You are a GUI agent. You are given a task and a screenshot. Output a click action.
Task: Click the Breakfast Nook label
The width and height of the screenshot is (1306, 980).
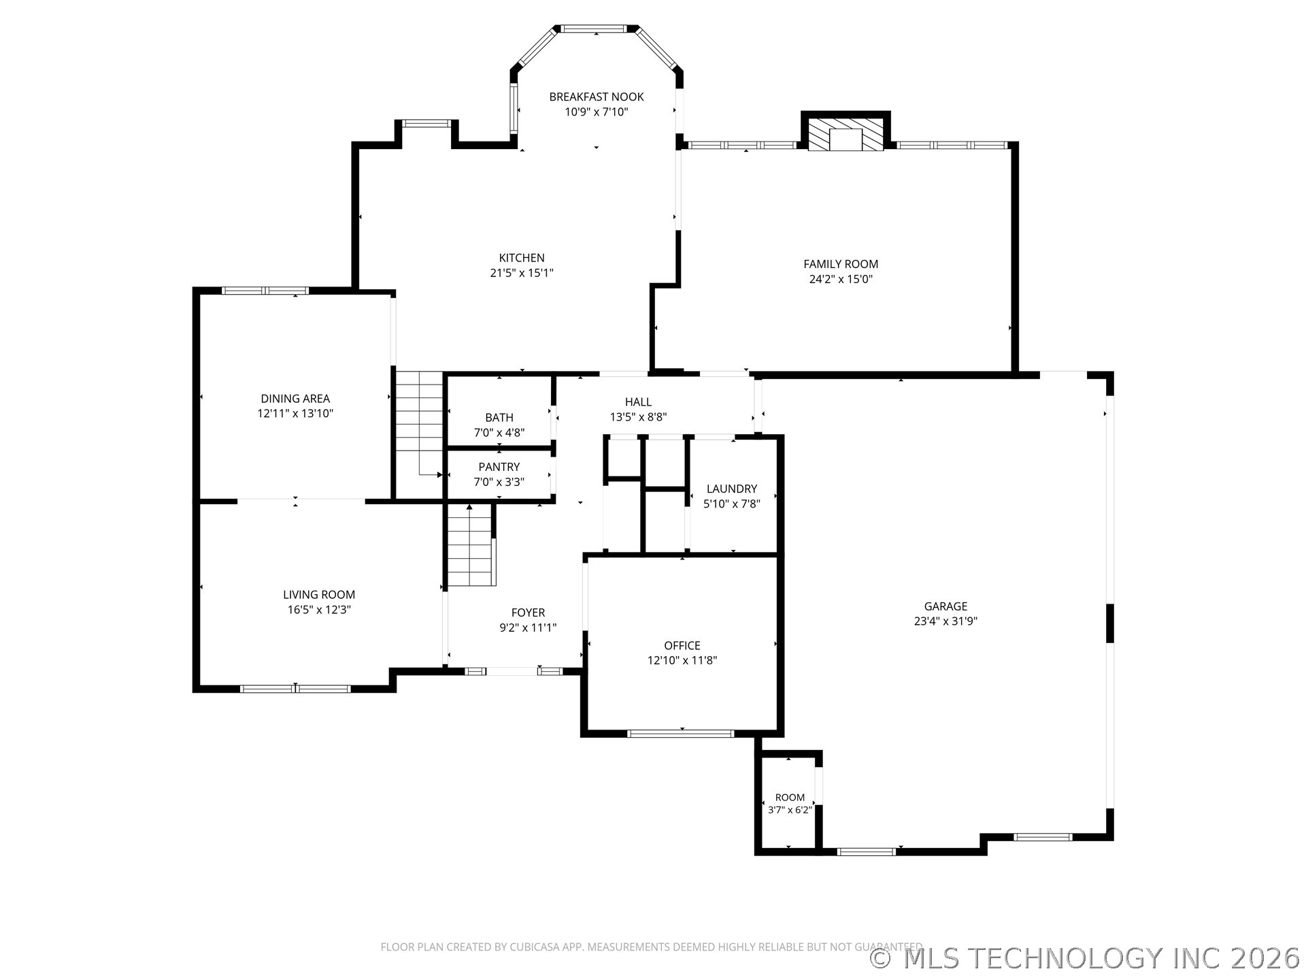tap(597, 97)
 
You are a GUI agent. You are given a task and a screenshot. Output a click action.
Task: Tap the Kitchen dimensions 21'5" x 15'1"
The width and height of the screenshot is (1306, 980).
tap(522, 273)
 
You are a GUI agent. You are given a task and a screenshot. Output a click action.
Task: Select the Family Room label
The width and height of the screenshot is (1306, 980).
tap(841, 264)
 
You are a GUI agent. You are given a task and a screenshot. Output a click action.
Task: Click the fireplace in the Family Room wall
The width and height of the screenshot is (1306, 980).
tap(845, 132)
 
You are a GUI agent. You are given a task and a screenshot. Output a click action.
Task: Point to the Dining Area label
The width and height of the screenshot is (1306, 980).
tap(295, 399)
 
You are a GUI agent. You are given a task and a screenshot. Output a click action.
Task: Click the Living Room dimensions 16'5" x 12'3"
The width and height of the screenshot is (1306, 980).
tap(319, 610)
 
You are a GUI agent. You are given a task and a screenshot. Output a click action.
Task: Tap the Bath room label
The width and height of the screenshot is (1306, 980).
tap(499, 418)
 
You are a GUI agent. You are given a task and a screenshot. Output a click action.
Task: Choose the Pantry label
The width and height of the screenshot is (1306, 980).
tap(499, 467)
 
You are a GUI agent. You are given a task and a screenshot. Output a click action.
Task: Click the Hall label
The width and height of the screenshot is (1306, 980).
tap(638, 402)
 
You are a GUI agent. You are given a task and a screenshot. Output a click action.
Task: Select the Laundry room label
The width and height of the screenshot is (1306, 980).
tap(732, 489)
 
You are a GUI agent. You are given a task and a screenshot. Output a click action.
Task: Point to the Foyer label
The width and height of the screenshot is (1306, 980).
tap(528, 612)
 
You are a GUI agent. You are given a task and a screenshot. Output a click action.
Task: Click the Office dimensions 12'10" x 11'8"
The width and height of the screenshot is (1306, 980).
tap(682, 660)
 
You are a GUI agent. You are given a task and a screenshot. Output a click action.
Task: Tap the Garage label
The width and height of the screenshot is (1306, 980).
tap(945, 606)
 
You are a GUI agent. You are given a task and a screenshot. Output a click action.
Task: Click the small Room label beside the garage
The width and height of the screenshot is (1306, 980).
tap(790, 798)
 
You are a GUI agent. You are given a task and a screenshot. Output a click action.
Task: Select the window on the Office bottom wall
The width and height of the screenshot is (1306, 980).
tap(680, 734)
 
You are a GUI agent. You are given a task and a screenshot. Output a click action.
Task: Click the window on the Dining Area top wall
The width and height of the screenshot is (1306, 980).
tap(265, 291)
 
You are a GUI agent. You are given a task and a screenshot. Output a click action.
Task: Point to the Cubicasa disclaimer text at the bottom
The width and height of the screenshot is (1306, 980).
tap(651, 947)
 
